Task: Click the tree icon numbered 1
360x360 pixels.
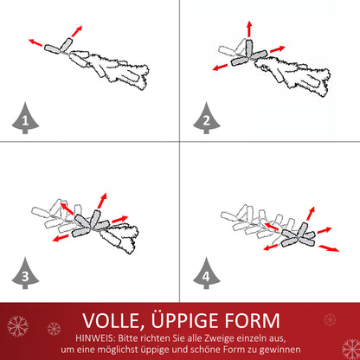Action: click(25, 119)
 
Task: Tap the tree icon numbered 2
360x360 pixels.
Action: click(207, 119)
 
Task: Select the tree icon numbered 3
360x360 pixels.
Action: click(25, 273)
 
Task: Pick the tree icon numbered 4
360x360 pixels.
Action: click(207, 273)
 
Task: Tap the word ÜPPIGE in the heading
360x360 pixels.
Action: click(185, 319)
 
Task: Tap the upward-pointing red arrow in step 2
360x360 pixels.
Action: click(249, 29)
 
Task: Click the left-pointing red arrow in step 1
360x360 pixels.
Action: click(35, 42)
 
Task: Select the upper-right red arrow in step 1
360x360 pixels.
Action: click(77, 31)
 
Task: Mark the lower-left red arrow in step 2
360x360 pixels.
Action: click(220, 67)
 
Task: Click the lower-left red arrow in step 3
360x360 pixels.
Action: click(61, 238)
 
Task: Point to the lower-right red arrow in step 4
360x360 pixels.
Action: click(329, 248)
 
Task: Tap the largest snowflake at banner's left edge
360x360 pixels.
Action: click(17, 326)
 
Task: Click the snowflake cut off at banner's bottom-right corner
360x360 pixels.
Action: click(351, 349)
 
